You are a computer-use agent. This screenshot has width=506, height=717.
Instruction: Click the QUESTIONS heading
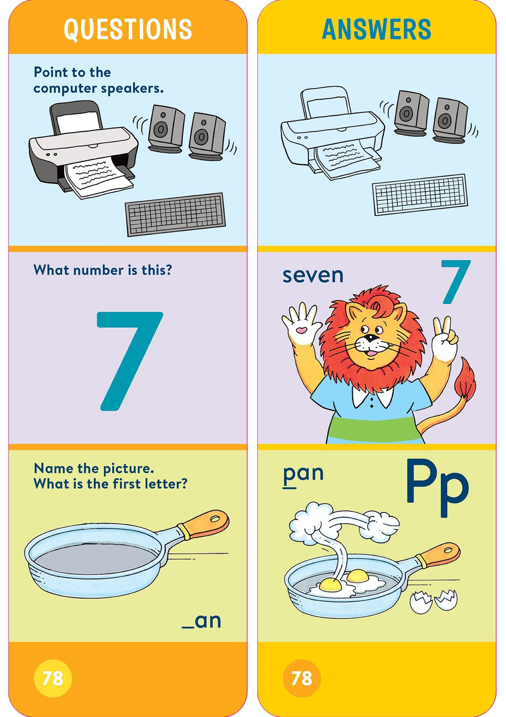(x=128, y=29)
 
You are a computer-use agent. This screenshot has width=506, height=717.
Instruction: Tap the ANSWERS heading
(x=376, y=29)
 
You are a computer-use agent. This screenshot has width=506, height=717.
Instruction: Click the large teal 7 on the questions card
(x=127, y=358)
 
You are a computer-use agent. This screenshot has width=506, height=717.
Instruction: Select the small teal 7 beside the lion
(x=455, y=281)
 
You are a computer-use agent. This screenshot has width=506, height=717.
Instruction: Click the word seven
(x=313, y=275)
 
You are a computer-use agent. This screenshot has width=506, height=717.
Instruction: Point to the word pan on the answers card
(x=303, y=473)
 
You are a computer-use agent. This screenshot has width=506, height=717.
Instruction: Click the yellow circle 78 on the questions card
(x=53, y=678)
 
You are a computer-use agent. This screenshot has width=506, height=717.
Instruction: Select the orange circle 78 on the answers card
(x=302, y=678)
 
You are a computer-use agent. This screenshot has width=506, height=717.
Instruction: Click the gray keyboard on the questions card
(x=175, y=214)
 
